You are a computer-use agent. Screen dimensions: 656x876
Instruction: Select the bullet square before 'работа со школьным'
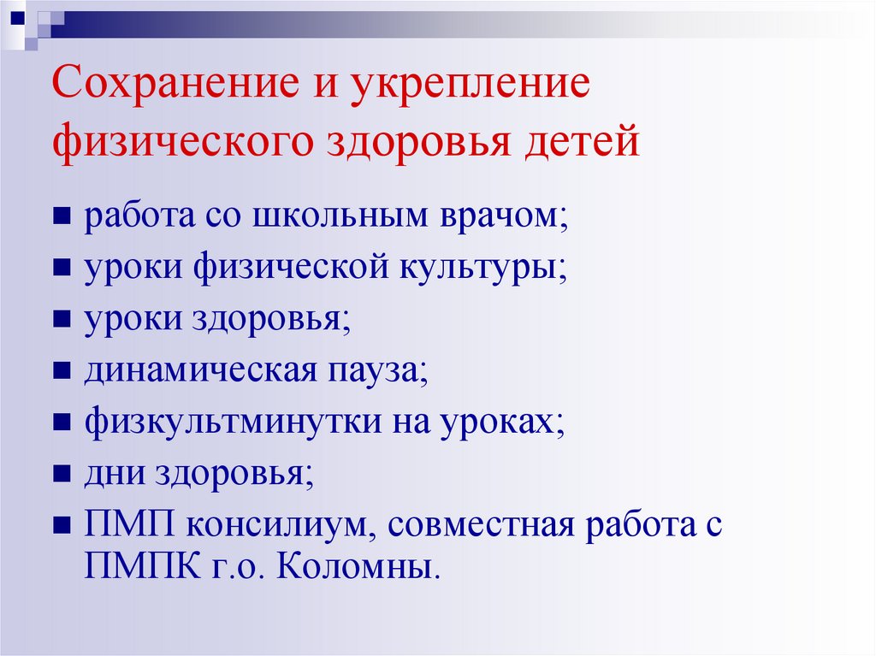click(62, 217)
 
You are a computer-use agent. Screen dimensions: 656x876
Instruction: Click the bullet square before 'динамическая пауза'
click(62, 372)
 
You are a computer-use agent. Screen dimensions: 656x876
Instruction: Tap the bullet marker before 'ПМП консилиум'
click(62, 526)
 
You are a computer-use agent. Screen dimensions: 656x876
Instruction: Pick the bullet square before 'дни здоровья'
click(62, 475)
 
